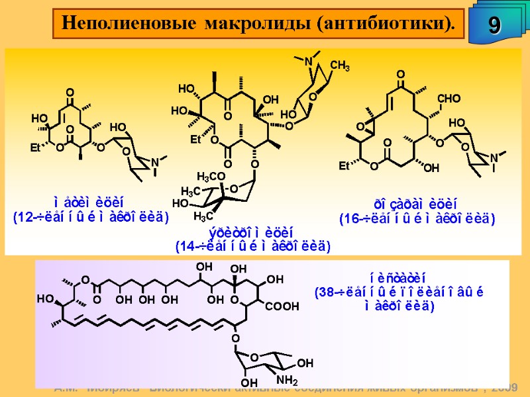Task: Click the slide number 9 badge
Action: click(x=494, y=24)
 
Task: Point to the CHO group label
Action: click(x=449, y=99)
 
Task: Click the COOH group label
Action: click(x=282, y=306)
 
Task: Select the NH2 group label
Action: click(x=287, y=380)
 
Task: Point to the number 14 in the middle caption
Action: click(x=184, y=247)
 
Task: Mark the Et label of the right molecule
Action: click(x=344, y=165)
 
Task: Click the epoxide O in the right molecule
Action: click(x=360, y=126)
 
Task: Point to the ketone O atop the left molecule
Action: click(x=69, y=93)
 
